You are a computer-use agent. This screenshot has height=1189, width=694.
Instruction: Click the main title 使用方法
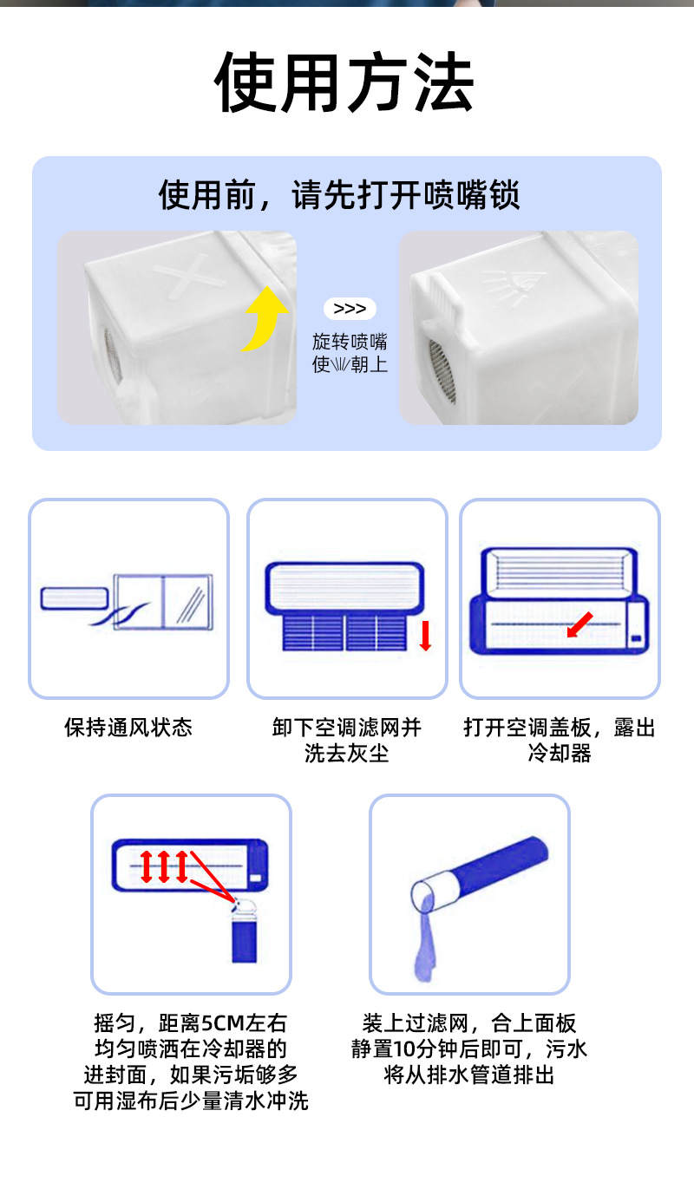click(x=345, y=83)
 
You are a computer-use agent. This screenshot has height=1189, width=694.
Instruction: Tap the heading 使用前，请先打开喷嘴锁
click(x=339, y=194)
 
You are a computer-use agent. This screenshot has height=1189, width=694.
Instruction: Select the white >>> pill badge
click(x=350, y=309)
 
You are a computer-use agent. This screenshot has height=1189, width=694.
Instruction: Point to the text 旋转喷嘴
click(x=350, y=341)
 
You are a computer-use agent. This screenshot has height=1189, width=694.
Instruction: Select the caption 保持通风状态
click(x=128, y=727)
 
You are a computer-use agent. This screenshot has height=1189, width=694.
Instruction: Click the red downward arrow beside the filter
click(x=425, y=636)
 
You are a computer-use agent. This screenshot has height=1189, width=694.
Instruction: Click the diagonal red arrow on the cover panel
click(x=580, y=624)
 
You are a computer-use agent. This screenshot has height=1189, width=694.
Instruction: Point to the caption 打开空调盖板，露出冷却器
click(x=560, y=740)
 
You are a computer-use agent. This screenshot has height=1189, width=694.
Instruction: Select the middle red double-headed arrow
click(x=163, y=866)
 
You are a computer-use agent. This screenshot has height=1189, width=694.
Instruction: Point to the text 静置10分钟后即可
click(x=435, y=1049)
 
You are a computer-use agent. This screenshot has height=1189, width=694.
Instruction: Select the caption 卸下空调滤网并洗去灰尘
click(x=347, y=740)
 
